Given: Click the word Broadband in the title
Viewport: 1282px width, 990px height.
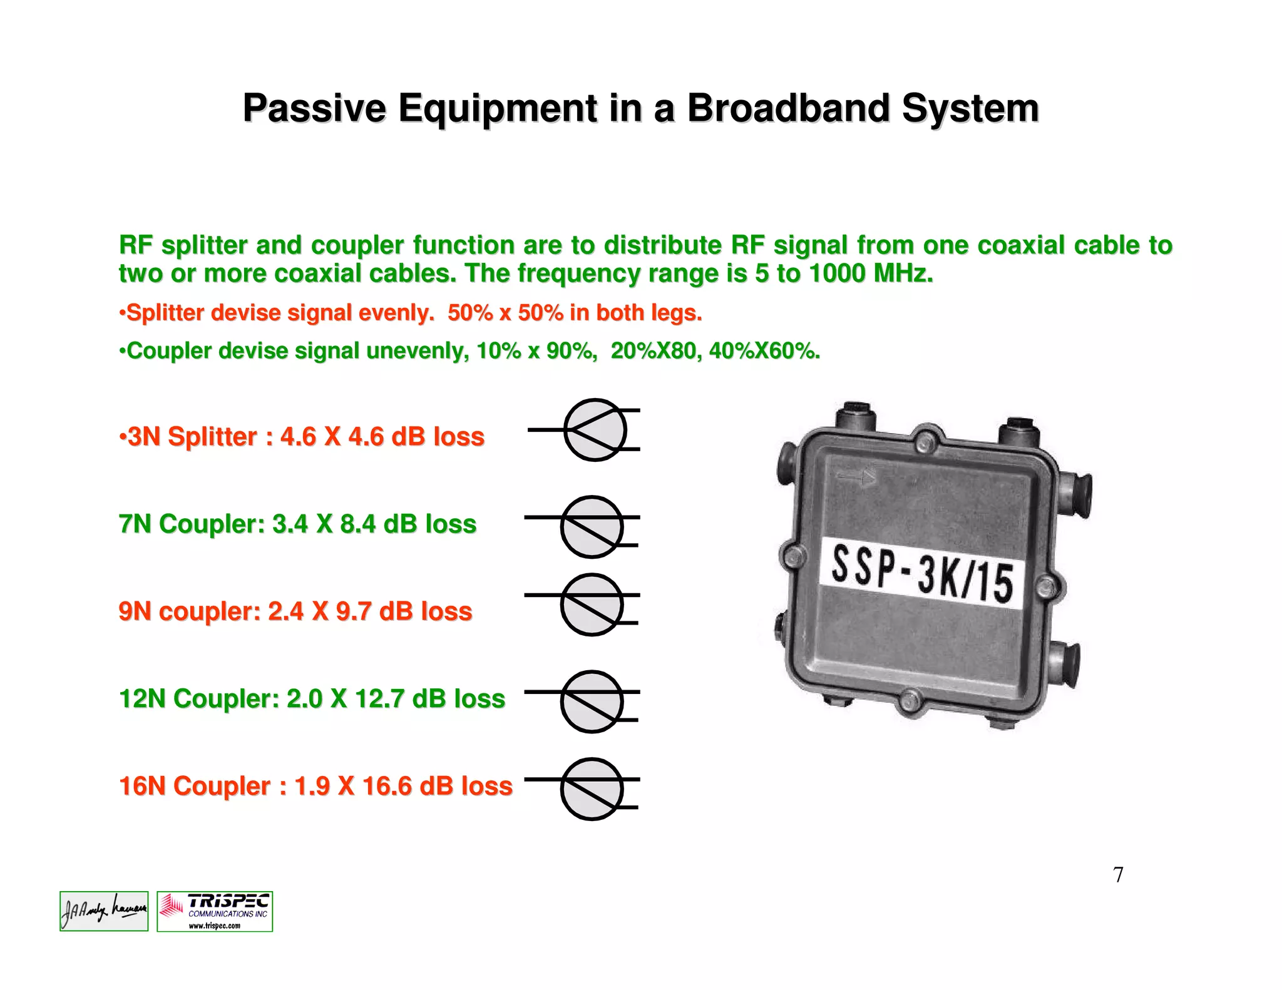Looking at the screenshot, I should pyautogui.click(x=788, y=108).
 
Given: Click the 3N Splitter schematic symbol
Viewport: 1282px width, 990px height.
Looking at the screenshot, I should pyautogui.click(x=595, y=430).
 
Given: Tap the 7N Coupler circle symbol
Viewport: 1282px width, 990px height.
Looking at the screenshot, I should pyautogui.click(x=592, y=527).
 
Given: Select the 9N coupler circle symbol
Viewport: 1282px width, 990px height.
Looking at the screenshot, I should pyautogui.click(x=592, y=605).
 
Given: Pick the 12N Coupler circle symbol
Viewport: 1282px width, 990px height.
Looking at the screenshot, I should pyautogui.click(x=592, y=702).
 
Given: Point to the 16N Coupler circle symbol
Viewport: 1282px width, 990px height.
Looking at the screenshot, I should pyautogui.click(x=592, y=788).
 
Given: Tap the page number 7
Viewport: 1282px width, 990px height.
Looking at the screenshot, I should pyautogui.click(x=1118, y=874).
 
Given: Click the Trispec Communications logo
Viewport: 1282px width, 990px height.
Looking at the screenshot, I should pyautogui.click(x=215, y=911).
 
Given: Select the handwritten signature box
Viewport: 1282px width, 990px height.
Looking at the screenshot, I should pyautogui.click(x=104, y=911).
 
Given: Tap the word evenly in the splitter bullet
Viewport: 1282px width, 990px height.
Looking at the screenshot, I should pyautogui.click(x=396, y=313).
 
